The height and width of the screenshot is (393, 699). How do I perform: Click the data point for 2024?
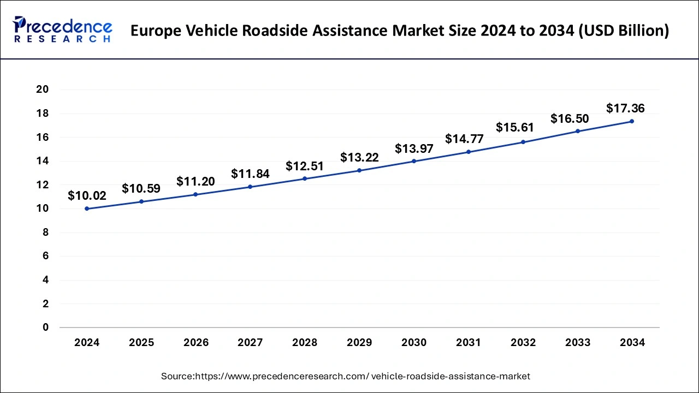pyautogui.click(x=87, y=209)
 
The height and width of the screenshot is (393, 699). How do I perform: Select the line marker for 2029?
pyautogui.click(x=359, y=170)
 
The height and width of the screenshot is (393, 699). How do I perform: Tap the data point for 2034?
pyautogui.click(x=632, y=121)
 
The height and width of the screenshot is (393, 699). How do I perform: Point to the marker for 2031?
pyautogui.click(x=469, y=152)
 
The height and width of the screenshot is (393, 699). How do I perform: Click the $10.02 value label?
pyautogui.click(x=87, y=196)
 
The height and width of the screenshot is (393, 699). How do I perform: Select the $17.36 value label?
pyautogui.click(x=625, y=109)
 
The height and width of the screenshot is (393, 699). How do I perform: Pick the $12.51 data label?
pyautogui.click(x=305, y=166)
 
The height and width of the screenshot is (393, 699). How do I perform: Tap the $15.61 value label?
pyautogui.click(x=515, y=127)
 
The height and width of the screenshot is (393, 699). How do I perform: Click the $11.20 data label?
pyautogui.click(x=196, y=181)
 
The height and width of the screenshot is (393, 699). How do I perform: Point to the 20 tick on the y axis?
pyautogui.click(x=43, y=90)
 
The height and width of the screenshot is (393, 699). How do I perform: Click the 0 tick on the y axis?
pyautogui.click(x=46, y=327)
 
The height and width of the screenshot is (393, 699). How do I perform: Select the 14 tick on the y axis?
pyautogui.click(x=43, y=161)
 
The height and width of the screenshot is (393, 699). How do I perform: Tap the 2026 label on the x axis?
pyautogui.click(x=196, y=343)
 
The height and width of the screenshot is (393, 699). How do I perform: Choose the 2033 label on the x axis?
pyautogui.click(x=577, y=343)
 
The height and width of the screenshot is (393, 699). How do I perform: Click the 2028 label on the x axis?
pyautogui.click(x=305, y=343)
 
